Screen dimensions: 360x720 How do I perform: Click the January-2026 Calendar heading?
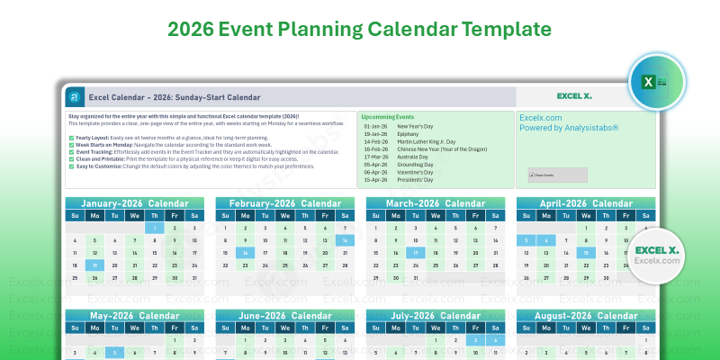pos(134,202)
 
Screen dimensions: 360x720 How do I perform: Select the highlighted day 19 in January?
pos(94,265)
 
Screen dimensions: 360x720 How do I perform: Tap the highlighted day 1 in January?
pos(154,228)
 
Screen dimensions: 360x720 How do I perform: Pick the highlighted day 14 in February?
pos(345,240)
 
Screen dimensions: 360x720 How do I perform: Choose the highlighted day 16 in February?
pos(245,253)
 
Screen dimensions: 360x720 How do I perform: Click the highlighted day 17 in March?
pos(415,253)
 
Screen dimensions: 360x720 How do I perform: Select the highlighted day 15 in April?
pos(585,253)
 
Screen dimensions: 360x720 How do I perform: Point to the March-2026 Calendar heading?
pos(435,202)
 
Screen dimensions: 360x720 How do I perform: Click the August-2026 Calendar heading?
pos(585,316)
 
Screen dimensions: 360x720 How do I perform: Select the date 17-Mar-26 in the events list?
pos(375,157)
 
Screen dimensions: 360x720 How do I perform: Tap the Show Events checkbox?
pos(532,175)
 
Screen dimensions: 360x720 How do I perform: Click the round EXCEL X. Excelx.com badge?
pos(655,255)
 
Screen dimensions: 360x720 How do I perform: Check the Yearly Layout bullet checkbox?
pos(71,138)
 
